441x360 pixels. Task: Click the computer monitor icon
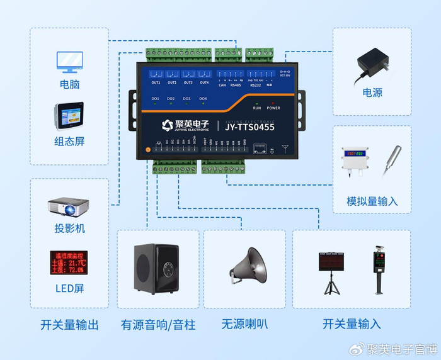point(69,61)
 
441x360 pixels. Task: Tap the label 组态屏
point(69,141)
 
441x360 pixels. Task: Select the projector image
point(69,206)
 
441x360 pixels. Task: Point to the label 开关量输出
point(69,325)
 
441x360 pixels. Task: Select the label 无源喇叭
point(244,325)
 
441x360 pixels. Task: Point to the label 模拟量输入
point(372,201)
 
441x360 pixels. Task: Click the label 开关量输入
point(352,325)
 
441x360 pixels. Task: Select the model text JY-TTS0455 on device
point(249,126)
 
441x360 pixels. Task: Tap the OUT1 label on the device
point(156,83)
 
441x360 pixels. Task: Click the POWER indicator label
point(273,108)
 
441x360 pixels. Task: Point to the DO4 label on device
point(203,99)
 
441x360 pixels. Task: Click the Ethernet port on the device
point(258,149)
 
